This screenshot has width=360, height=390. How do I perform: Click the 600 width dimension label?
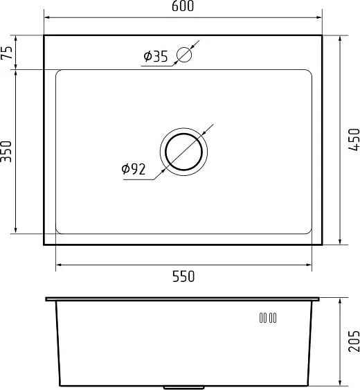tap(182, 6)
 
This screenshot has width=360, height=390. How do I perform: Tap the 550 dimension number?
tap(183, 276)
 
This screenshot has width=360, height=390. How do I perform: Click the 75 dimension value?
tap(7, 53)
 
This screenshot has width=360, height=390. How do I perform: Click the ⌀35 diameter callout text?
tap(156, 57)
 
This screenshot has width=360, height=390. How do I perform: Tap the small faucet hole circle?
tap(184, 54)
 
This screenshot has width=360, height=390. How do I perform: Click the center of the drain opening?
tap(183, 152)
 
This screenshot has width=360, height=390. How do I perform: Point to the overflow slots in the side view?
tap(268, 318)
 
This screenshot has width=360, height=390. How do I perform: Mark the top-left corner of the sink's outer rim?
tap(44, 36)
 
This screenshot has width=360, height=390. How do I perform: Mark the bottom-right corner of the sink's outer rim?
tap(323, 245)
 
